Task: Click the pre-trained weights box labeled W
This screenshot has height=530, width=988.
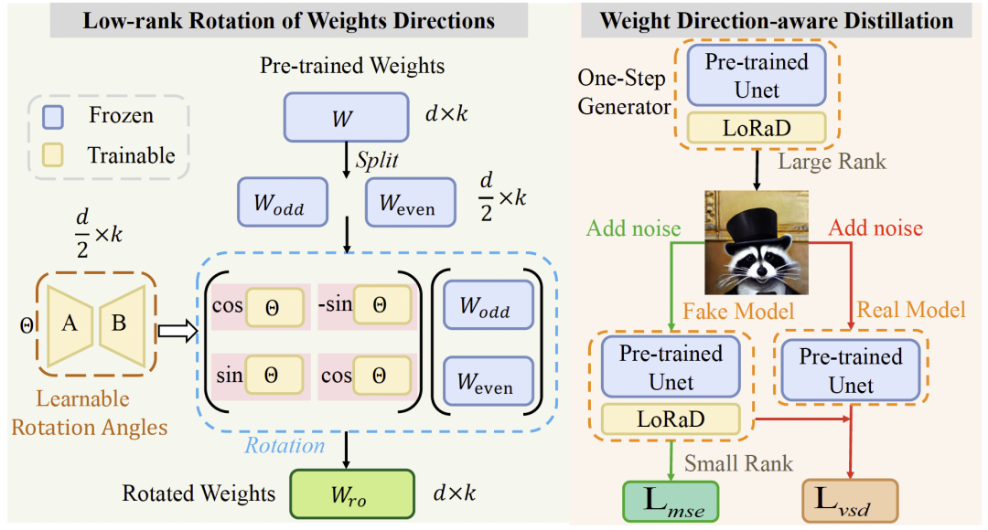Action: click(x=346, y=117)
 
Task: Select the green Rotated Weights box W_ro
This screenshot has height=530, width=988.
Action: click(x=352, y=494)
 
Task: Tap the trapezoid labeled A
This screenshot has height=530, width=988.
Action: click(x=70, y=324)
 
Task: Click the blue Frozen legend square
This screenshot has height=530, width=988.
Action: click(x=53, y=116)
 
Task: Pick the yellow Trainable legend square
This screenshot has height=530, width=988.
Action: click(x=53, y=154)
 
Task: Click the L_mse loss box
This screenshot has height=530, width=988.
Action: click(x=671, y=502)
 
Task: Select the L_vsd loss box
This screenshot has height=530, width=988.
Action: click(x=849, y=501)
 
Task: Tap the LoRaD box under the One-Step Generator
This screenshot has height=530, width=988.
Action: click(x=757, y=128)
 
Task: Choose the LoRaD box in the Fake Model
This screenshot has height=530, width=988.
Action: click(x=671, y=419)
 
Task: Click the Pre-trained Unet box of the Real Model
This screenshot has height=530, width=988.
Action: click(x=851, y=370)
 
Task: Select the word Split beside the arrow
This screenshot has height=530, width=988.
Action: click(x=377, y=160)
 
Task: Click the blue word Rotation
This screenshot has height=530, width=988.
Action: click(x=285, y=446)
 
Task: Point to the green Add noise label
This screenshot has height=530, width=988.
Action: click(x=633, y=228)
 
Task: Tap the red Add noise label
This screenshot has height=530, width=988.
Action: click(x=875, y=228)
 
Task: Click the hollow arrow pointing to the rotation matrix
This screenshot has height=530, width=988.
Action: click(x=177, y=331)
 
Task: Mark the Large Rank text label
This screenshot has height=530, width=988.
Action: click(x=832, y=162)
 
